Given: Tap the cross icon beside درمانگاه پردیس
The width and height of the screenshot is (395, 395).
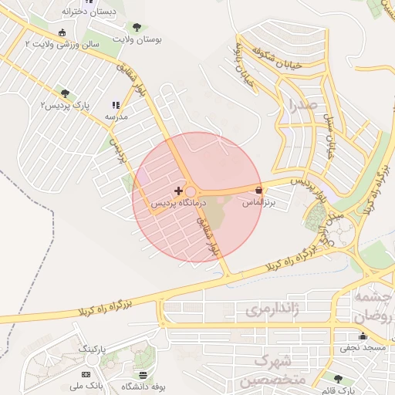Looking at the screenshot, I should (179, 191).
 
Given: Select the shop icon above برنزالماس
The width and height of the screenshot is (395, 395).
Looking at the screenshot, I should (258, 190).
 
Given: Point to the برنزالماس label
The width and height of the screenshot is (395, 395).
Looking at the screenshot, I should (259, 202).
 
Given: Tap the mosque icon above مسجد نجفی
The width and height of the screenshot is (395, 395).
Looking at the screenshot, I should (363, 336).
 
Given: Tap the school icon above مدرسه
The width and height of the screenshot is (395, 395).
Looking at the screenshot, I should (116, 105).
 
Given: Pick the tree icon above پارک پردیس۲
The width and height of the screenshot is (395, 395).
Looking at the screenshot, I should (64, 93).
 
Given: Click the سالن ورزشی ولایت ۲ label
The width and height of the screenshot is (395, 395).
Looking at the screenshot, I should (62, 45).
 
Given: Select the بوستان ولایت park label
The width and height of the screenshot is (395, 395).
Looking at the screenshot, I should (137, 38).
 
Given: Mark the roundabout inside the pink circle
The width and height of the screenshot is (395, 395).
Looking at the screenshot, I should (190, 191).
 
